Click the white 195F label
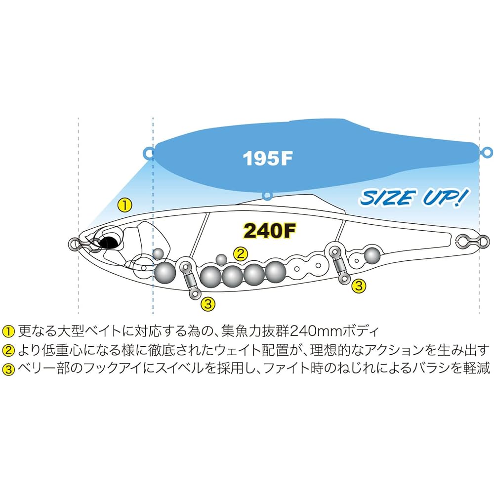tap(268, 158)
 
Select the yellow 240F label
tap(270, 231)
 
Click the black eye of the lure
tap(108, 242)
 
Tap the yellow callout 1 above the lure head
tap(124, 205)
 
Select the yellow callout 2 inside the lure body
tap(241, 253)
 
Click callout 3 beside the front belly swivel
tap(208, 304)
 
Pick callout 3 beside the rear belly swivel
tap(359, 286)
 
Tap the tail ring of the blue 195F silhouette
tap(486, 152)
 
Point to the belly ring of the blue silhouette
tap(267, 196)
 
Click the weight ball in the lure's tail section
tap(372, 255)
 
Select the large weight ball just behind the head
tap(165, 273)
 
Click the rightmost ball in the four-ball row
tap(275, 271)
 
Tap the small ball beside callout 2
tap(221, 259)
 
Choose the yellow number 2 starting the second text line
tap(8, 351)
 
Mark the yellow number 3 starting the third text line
tap(8, 369)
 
